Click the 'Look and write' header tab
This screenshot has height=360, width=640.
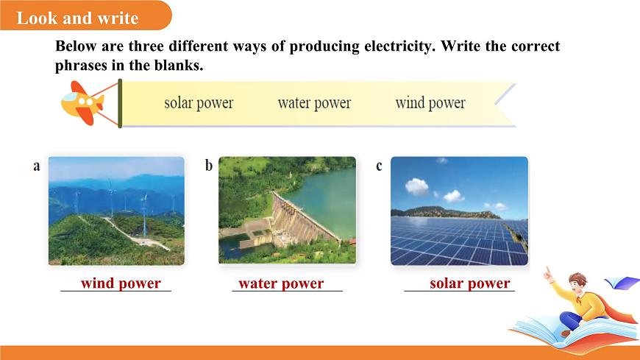(x=77, y=18)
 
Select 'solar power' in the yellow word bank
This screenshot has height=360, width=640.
(x=199, y=103)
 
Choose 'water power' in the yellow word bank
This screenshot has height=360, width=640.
(x=314, y=103)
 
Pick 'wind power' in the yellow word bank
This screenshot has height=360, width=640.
(x=430, y=103)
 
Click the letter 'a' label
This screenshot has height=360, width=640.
(x=37, y=166)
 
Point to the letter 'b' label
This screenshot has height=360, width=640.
(x=209, y=166)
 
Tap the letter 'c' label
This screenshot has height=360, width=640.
(x=380, y=166)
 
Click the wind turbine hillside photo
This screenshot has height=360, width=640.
(x=116, y=211)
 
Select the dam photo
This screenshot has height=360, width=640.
(x=287, y=211)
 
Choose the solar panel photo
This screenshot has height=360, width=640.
(x=459, y=211)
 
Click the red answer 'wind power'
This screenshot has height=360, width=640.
(x=121, y=283)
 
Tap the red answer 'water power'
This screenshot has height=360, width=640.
(x=281, y=283)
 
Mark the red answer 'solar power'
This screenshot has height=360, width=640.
(x=469, y=283)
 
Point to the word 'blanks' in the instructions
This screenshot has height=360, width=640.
(x=178, y=66)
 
